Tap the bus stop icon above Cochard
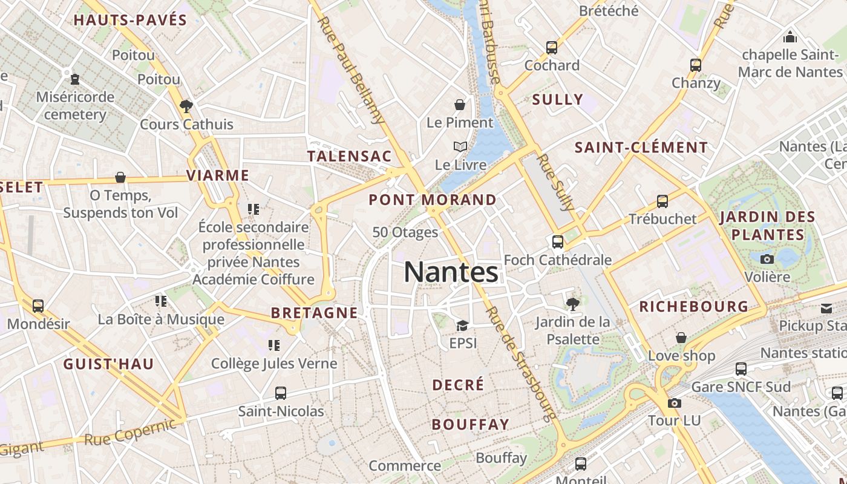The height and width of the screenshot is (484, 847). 551,47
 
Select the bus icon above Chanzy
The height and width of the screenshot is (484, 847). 696,65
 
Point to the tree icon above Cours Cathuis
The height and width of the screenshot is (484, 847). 186,106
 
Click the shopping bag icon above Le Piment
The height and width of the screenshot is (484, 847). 460,105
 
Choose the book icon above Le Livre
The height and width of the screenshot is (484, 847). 460,146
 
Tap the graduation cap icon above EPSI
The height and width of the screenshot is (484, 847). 463,325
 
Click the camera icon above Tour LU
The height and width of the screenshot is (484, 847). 674,403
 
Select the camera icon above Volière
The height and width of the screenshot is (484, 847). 767,259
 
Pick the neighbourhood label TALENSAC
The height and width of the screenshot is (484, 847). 350,156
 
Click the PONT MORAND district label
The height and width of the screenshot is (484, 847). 432,200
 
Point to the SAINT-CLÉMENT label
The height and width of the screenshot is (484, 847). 641,148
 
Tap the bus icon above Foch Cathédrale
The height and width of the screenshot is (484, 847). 557,242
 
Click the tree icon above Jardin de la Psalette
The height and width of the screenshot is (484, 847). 572,304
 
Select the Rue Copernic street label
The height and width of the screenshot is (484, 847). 131,432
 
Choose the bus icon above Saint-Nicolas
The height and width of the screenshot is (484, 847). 280,393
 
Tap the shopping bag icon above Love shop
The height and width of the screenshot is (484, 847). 681,338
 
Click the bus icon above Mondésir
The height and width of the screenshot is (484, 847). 38,306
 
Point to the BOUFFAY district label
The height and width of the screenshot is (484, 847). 470,425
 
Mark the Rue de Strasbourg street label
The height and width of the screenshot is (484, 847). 521,363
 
